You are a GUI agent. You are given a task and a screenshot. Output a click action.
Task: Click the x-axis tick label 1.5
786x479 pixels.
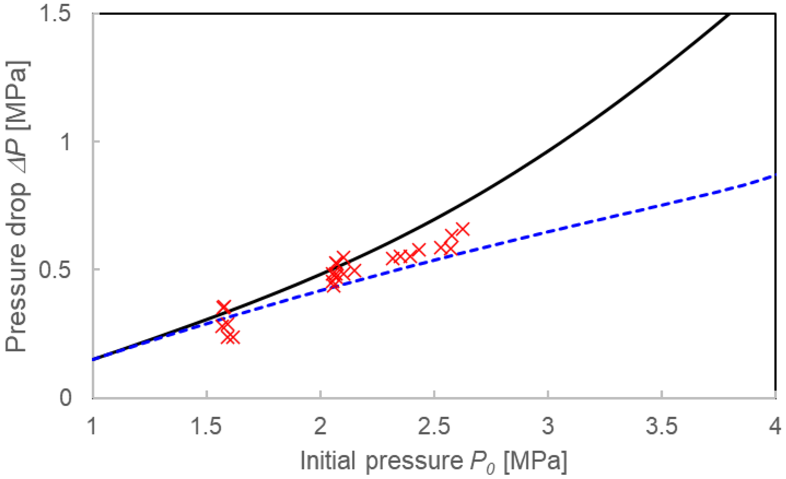206,426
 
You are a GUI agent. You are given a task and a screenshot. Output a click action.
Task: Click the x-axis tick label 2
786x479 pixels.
320,426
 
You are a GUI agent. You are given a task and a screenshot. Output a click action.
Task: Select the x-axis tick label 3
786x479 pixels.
548,426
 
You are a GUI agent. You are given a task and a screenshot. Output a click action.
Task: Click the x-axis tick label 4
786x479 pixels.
775,426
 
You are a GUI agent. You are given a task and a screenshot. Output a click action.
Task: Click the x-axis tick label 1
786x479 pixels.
92,426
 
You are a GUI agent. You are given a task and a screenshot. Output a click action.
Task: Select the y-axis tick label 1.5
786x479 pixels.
54,14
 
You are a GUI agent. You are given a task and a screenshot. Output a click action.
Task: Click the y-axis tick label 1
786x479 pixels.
66,142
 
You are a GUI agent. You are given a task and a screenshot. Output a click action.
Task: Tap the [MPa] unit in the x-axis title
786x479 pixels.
536,460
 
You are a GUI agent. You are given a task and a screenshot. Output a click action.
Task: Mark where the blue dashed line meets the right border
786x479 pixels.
775,175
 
